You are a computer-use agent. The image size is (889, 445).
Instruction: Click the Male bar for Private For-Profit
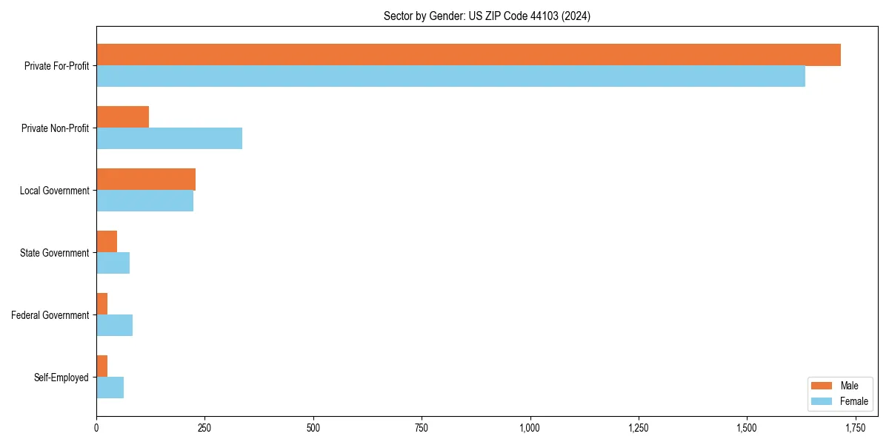[x=468, y=55]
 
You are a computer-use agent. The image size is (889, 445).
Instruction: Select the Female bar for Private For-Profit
[x=450, y=76]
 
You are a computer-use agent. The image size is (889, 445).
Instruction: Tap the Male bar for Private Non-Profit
[x=122, y=117]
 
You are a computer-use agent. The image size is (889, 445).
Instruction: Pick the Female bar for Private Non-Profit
[x=169, y=139]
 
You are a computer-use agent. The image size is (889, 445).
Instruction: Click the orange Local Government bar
[x=146, y=179]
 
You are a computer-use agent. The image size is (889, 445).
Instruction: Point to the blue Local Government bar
[x=144, y=201]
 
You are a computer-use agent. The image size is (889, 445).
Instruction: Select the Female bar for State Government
[x=113, y=263]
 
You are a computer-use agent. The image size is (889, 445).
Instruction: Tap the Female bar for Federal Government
[x=114, y=326]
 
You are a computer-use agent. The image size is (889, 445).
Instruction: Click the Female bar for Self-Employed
[x=110, y=388]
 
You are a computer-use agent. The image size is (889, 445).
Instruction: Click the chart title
[x=487, y=16]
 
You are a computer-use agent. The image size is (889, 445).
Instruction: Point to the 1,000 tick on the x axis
[x=530, y=428]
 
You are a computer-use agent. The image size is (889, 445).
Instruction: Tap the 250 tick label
[x=204, y=428]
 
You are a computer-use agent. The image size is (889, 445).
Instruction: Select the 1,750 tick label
[x=855, y=428]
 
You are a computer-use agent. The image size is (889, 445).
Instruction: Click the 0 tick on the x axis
[x=96, y=428]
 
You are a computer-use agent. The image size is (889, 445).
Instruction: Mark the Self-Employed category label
[x=61, y=378]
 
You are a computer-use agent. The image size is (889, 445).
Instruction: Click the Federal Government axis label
[x=50, y=315]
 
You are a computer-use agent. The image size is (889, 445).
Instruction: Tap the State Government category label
[x=55, y=253]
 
